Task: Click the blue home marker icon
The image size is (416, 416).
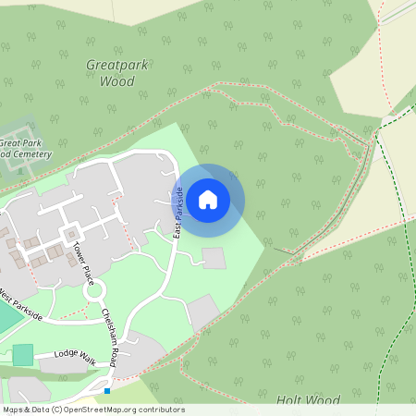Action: click(x=208, y=199)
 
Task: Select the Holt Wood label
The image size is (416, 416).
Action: click(x=308, y=400)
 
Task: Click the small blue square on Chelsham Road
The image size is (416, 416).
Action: click(x=107, y=391)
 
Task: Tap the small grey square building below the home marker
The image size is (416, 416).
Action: click(x=214, y=258)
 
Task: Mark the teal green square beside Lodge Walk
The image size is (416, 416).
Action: click(x=22, y=354)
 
